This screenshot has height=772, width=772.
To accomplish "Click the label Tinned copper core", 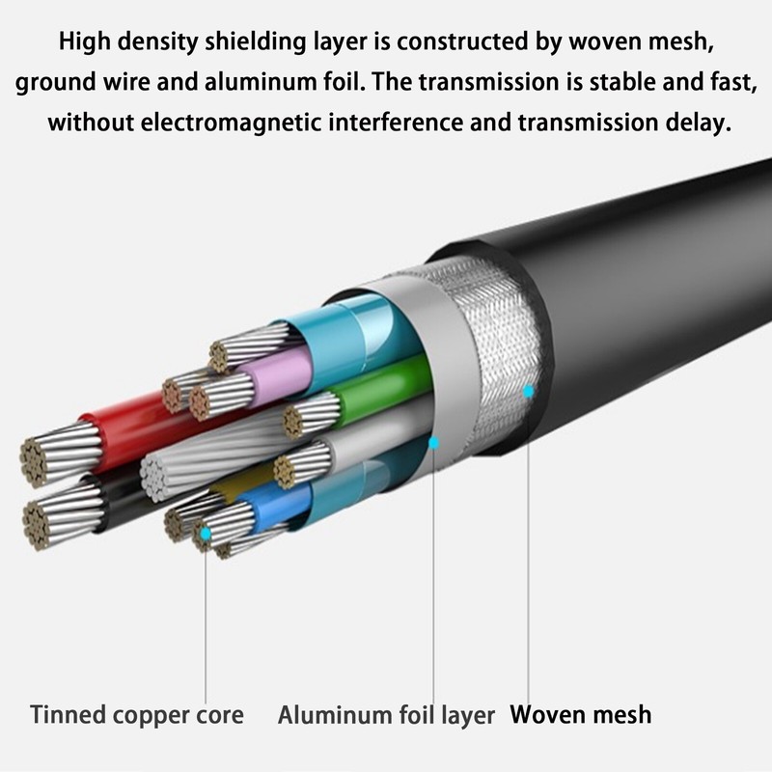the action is tap(137, 715).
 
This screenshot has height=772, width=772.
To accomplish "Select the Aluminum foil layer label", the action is tap(386, 715).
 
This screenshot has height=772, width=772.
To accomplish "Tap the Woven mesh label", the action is tap(581, 714).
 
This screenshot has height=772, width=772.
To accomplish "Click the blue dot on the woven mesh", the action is tap(528, 392).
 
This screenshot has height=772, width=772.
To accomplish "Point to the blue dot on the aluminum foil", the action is tap(433, 443).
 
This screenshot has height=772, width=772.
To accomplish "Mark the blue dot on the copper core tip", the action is tap(206, 533).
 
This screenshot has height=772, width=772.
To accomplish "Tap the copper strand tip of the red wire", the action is tap(35, 463).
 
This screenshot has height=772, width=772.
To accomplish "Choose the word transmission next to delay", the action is tap(588, 122).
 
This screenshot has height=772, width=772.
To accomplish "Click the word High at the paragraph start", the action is tap(85, 41).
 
